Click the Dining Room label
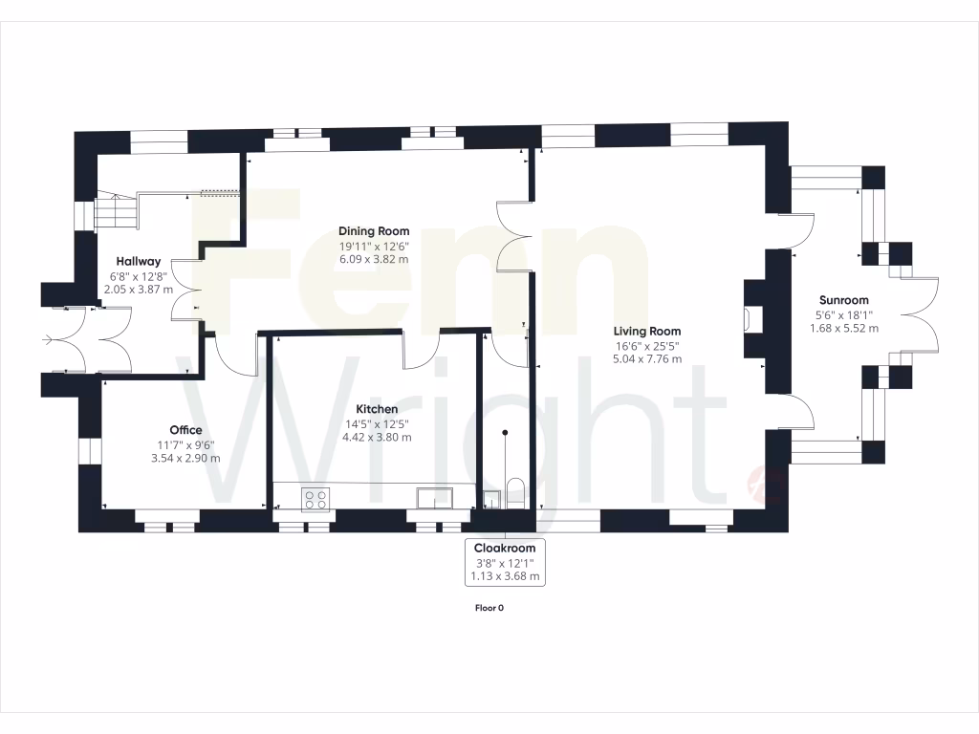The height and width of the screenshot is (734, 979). tap(374, 230)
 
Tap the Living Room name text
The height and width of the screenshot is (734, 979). tap(647, 331)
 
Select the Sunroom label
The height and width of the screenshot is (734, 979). tap(843, 299)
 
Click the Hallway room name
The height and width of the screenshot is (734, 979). tap(139, 261)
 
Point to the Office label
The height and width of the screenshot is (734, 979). tap(185, 430)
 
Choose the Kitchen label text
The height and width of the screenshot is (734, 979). tap(377, 408)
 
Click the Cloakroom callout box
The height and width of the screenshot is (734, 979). tap(505, 562)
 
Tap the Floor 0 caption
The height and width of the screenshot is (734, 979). tap(489, 608)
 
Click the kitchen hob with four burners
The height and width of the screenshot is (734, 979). tap(315, 498)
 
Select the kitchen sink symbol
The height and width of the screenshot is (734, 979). tap(436, 498)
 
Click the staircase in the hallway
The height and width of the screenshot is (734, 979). tap(117, 209)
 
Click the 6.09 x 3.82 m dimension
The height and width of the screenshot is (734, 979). tap(374, 259)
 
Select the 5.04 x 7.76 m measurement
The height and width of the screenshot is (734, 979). tap(647, 359)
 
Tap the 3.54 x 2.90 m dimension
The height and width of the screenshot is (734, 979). tap(185, 459)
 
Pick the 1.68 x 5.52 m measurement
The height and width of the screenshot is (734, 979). tap(843, 328)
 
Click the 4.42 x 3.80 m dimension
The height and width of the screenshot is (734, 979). tap(377, 437)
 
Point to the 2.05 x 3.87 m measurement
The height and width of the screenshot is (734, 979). tap(139, 290)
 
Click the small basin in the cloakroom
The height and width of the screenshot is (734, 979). tap(491, 498)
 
